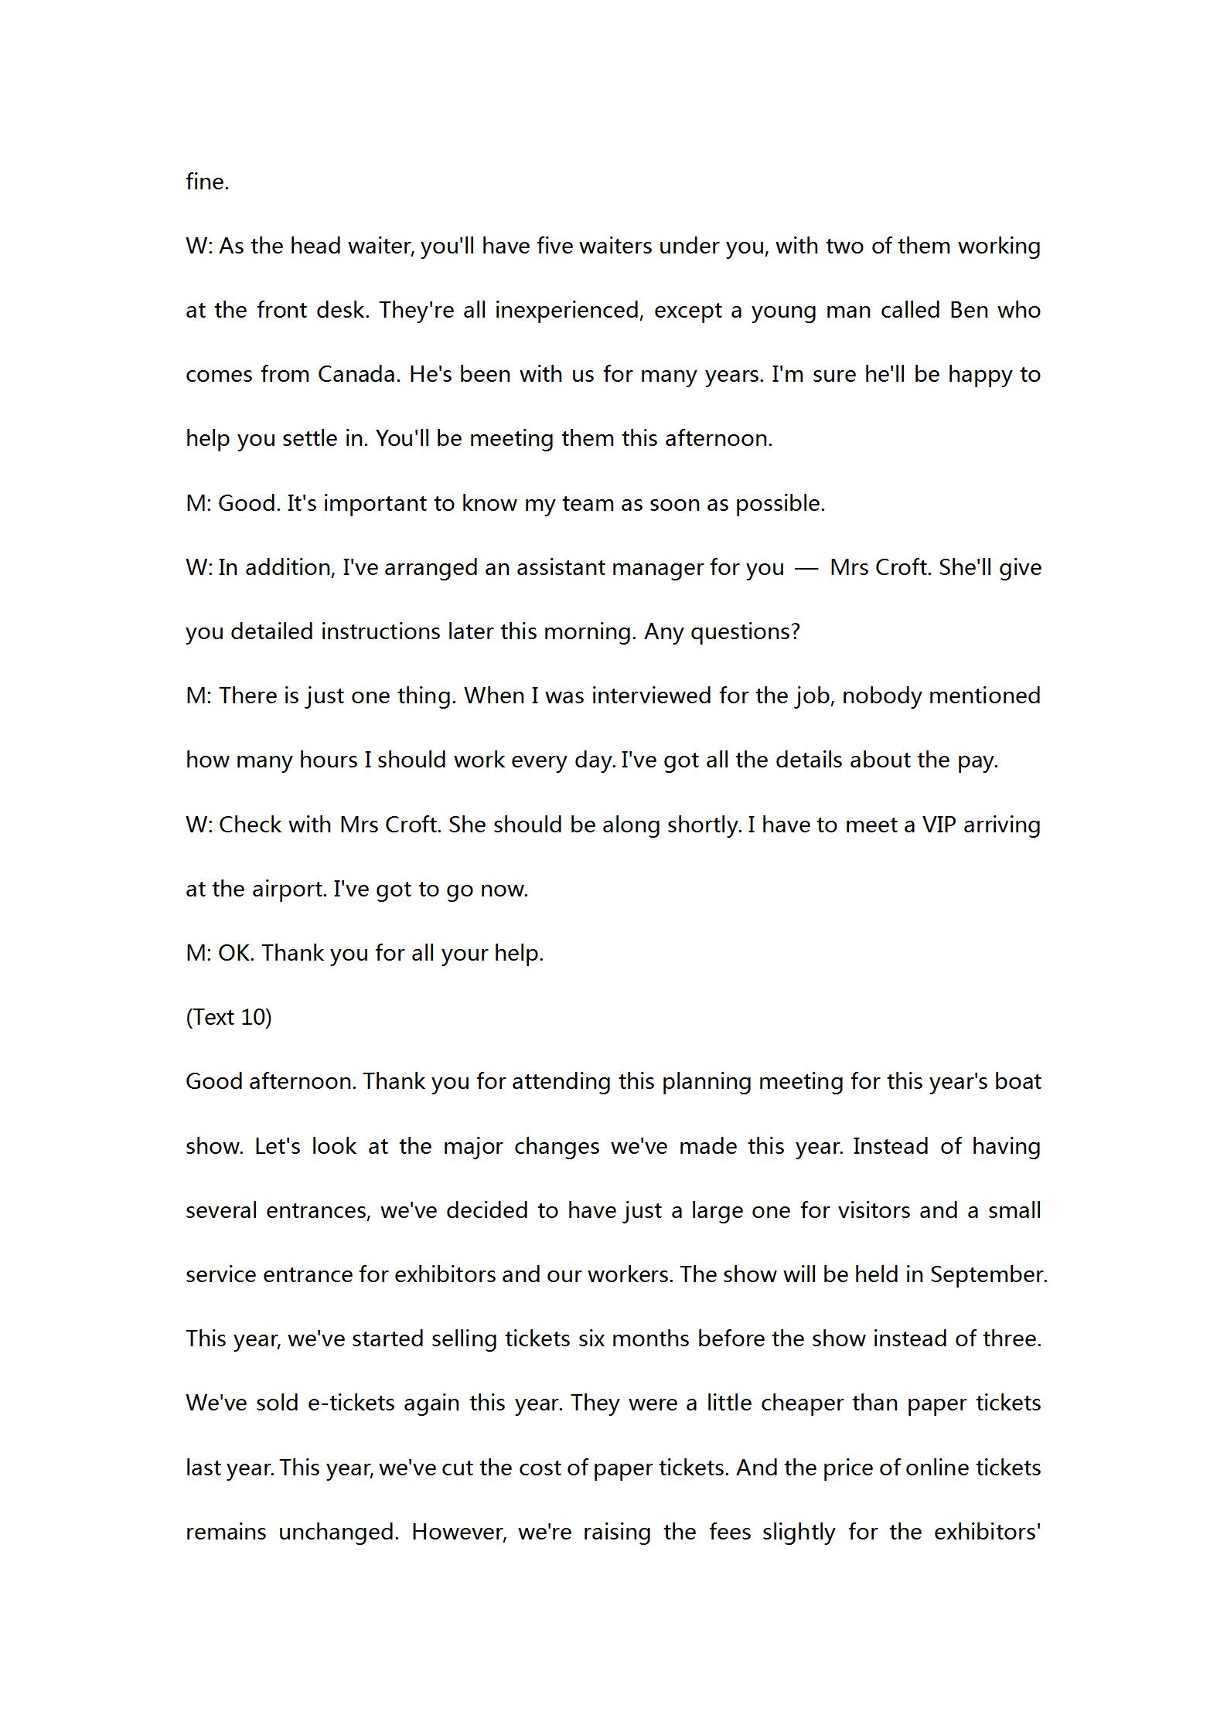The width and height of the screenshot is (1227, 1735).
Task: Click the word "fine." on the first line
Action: (x=207, y=182)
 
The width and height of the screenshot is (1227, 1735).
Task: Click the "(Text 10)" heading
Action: (x=229, y=1017)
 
